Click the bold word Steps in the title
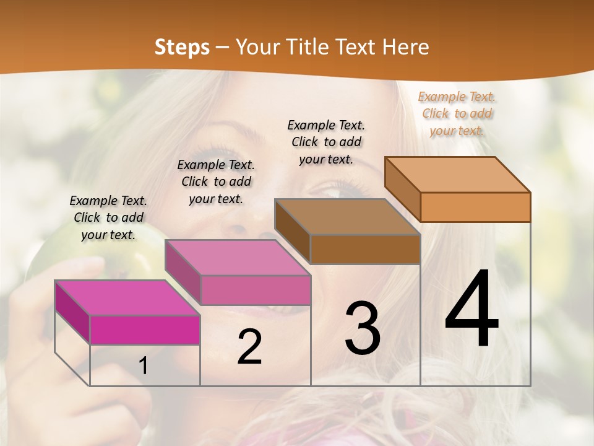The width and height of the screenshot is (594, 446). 182,47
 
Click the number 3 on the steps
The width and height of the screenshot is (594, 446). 363,328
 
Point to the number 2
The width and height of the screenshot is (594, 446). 249,347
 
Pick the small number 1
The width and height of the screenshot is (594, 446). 144,365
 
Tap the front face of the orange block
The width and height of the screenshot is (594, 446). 475,207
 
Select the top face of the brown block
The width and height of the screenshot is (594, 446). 347,217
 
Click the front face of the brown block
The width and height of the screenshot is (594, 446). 365,249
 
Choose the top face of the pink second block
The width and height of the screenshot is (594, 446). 237,257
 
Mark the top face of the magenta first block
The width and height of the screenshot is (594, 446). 127,297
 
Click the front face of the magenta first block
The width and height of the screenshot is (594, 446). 145,330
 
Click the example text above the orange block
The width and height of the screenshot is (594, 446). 457,113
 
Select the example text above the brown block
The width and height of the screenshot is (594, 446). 326,142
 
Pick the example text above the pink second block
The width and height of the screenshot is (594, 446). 216,181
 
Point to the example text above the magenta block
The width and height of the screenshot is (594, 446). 108,217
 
